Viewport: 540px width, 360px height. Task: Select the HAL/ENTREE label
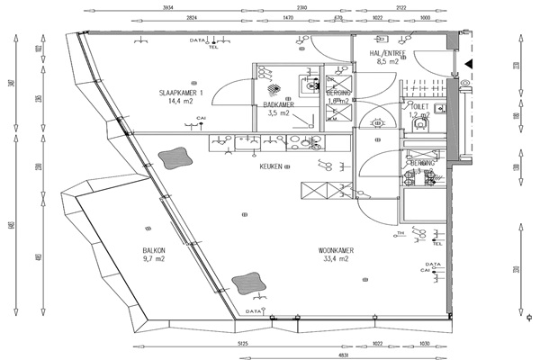point(388,54)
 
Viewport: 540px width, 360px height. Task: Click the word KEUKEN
point(272,166)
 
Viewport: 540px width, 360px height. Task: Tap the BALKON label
point(153,251)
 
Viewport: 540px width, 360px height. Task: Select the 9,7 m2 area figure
point(153,260)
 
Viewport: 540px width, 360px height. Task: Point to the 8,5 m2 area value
point(388,63)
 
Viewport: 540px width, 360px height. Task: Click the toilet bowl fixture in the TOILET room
point(418,126)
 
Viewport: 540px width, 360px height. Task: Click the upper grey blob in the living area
point(174,159)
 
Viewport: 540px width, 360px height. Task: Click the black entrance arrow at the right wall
point(468,63)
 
